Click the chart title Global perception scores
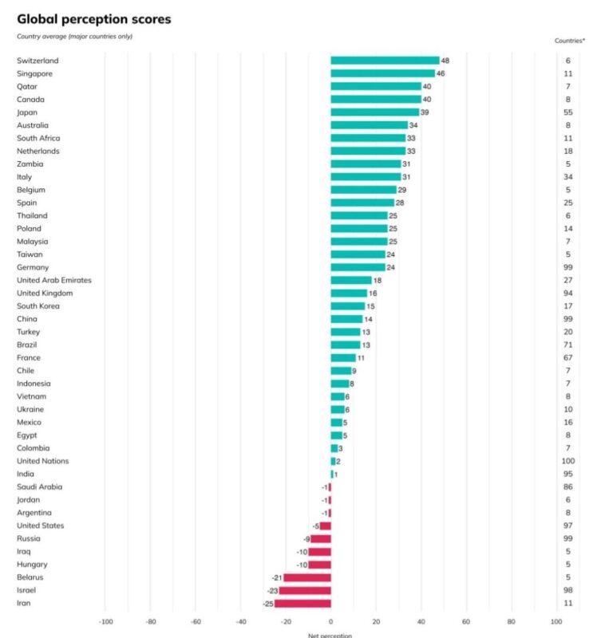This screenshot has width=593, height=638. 93,18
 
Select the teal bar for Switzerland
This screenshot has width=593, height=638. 385,61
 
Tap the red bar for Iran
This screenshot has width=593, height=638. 302,604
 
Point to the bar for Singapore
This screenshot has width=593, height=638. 382,73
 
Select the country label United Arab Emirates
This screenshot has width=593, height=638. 54,280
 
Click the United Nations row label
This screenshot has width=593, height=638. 43,461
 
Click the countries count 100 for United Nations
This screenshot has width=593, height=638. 567,461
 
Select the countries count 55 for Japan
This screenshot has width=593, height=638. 567,112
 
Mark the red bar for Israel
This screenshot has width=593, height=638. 305,590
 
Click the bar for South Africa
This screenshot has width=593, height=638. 368,138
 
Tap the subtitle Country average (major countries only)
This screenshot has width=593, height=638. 74,36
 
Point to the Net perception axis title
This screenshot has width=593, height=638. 330,635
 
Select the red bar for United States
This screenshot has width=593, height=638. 325,526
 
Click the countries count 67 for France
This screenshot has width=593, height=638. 567,357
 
